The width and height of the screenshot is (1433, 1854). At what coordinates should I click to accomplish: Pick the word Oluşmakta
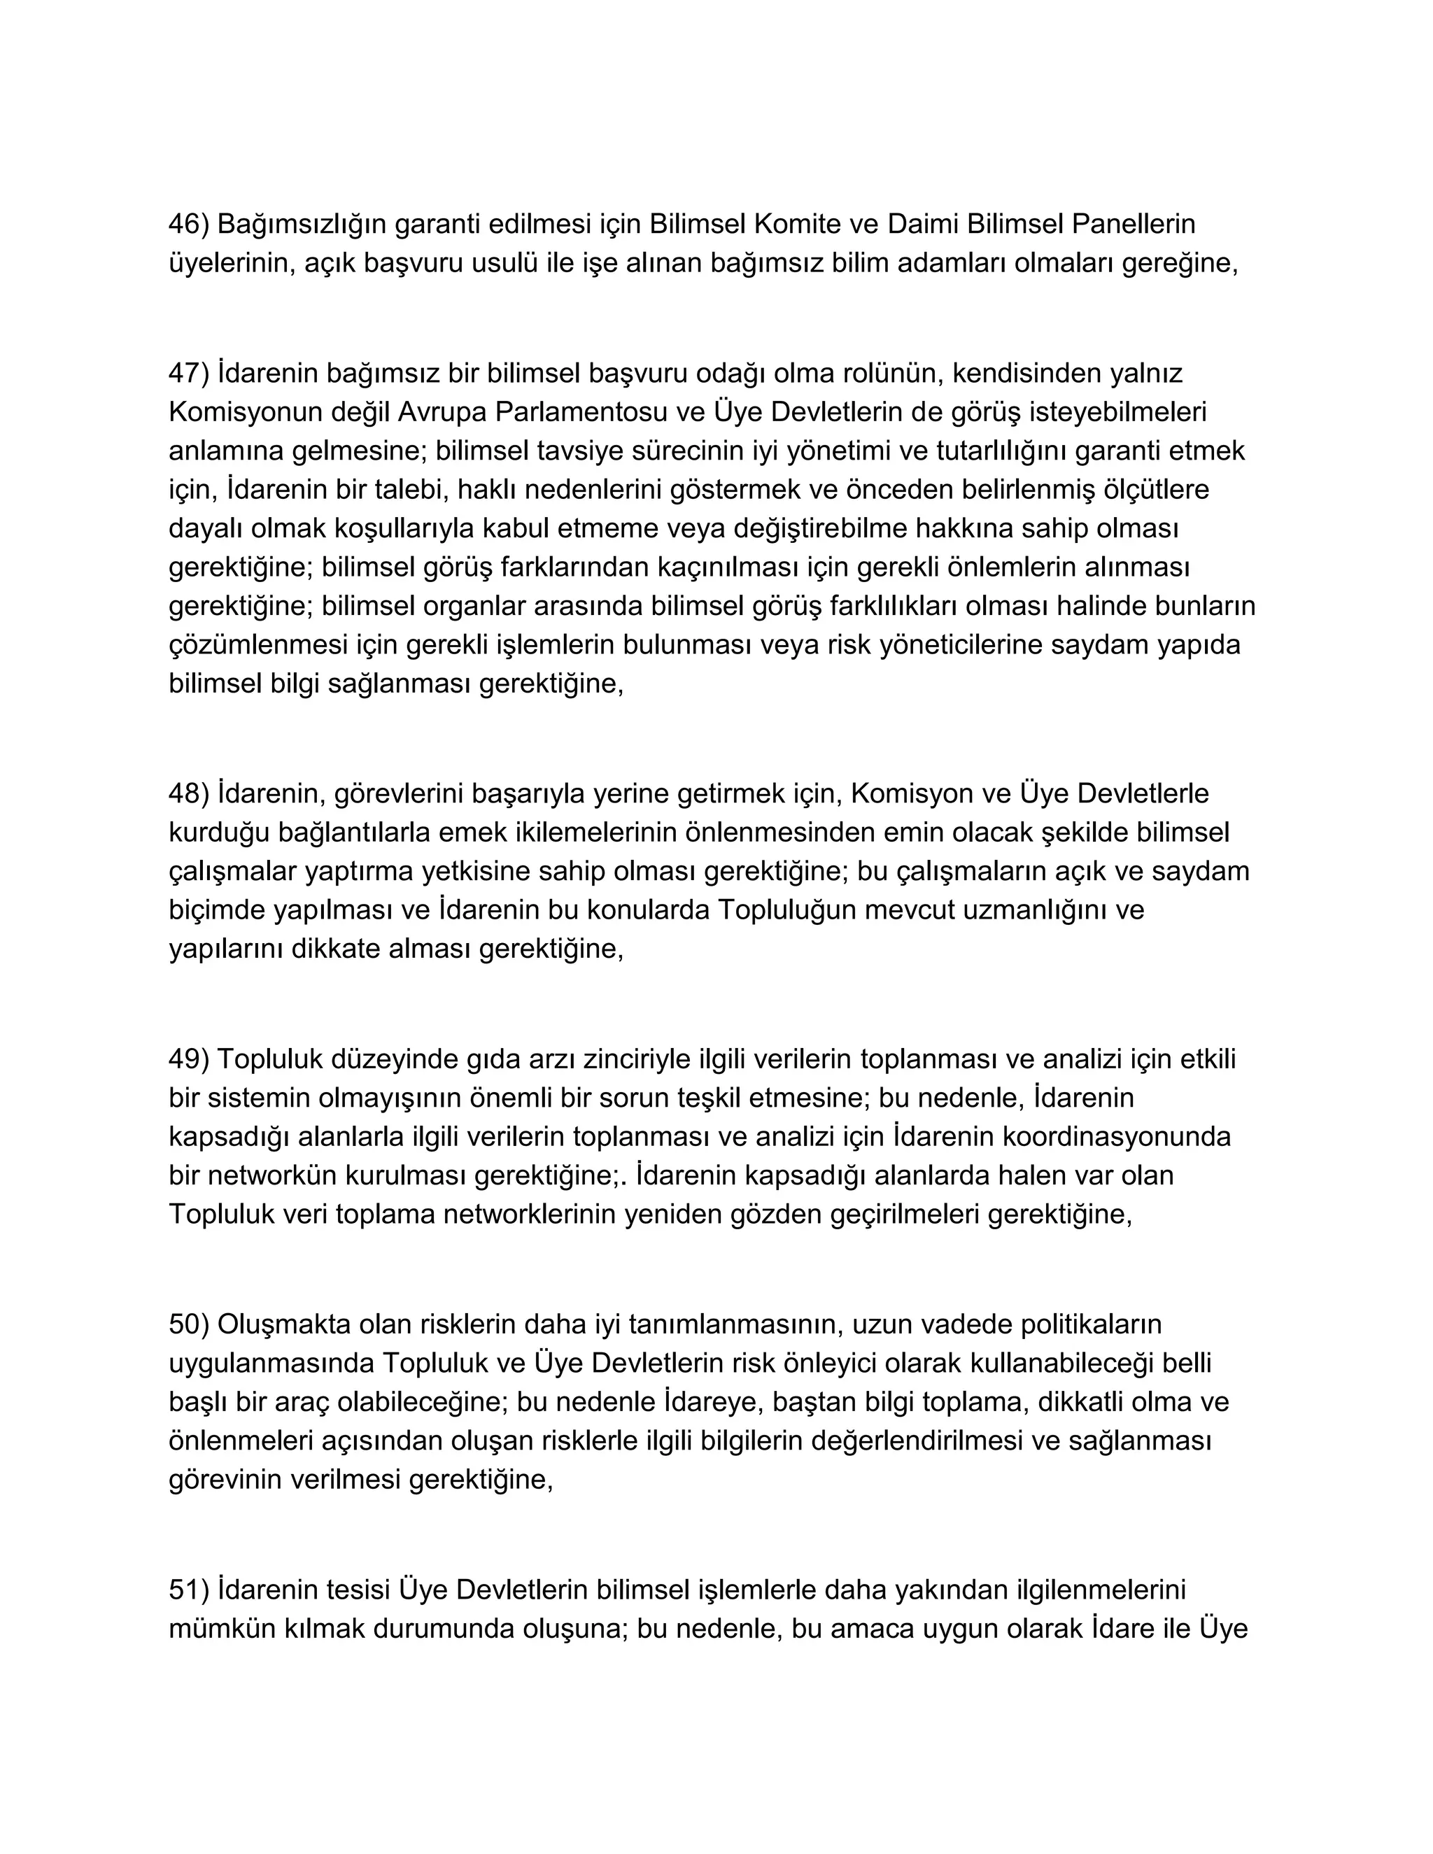(284, 1324)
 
